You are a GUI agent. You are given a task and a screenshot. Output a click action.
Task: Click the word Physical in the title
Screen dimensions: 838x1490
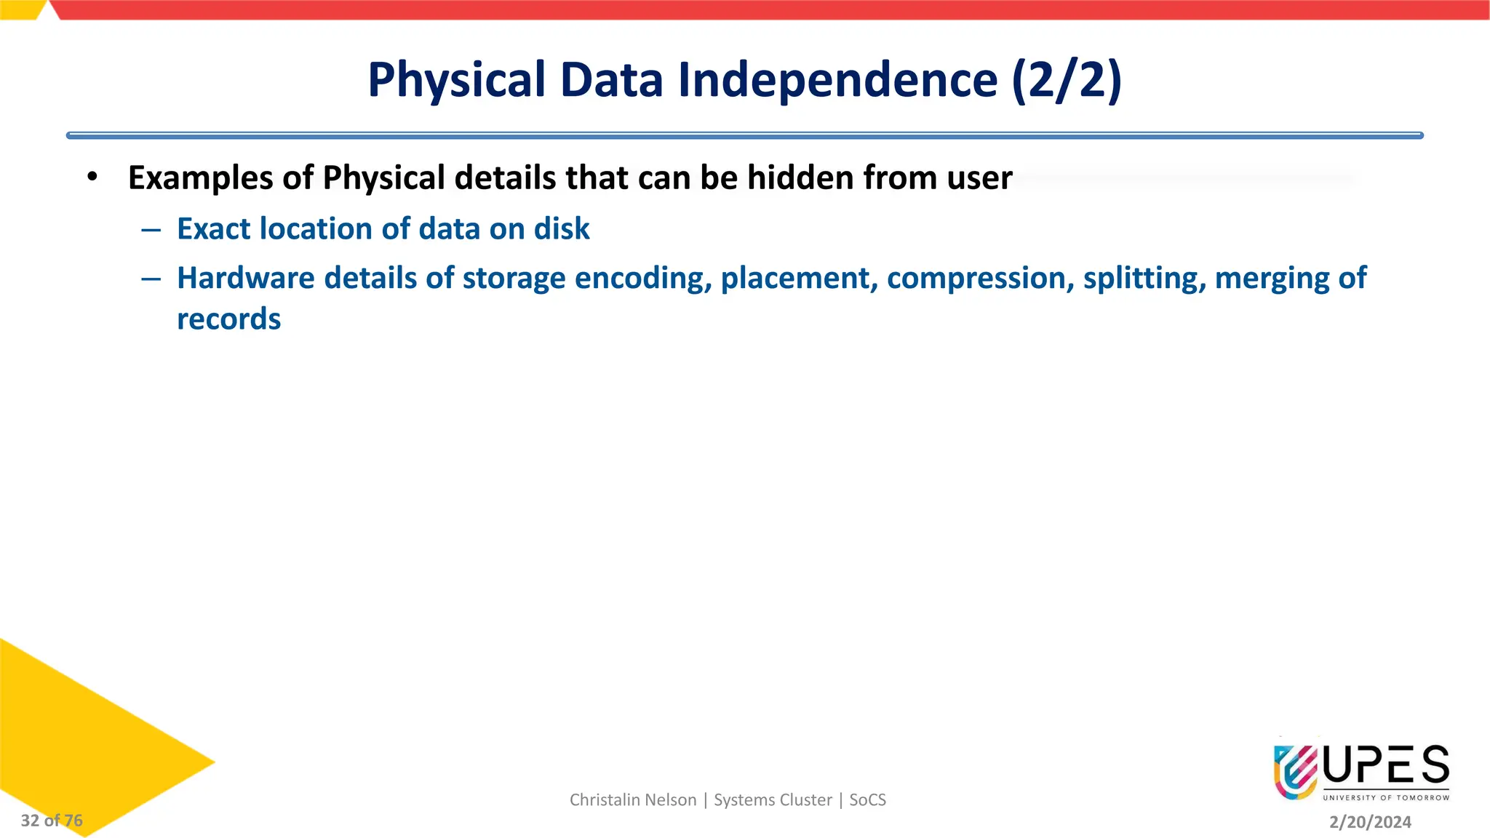456,80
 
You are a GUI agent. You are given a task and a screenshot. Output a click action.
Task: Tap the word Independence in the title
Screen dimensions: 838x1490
837,80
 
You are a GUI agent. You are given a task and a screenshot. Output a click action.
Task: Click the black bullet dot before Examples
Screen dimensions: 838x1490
92,177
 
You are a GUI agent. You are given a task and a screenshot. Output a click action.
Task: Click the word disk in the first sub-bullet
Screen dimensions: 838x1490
562,229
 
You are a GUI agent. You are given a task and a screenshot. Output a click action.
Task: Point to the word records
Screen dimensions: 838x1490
228,319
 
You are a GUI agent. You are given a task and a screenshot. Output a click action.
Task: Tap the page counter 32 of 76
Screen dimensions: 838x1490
52,821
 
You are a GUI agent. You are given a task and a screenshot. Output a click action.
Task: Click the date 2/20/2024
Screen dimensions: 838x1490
1370,822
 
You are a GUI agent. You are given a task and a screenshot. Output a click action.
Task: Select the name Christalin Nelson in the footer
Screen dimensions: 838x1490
632,800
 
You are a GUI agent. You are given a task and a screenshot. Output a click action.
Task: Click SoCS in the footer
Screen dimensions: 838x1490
867,800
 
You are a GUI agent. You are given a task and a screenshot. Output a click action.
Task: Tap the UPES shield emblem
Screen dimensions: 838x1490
1296,772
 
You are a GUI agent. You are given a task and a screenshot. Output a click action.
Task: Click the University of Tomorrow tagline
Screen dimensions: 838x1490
1385,798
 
